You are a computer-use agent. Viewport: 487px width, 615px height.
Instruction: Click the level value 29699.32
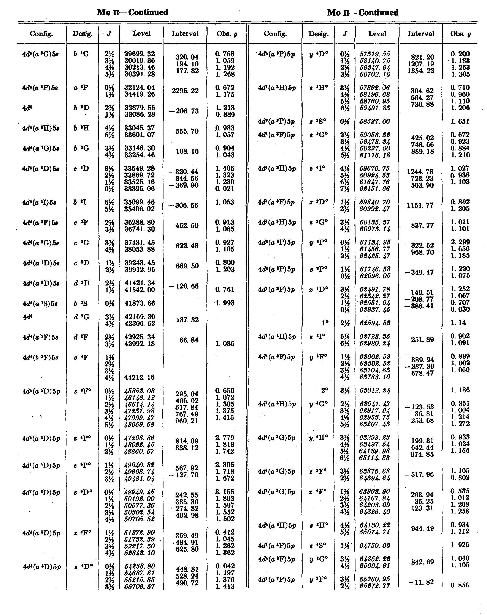point(140,54)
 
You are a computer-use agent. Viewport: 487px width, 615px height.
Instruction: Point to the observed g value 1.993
point(225,303)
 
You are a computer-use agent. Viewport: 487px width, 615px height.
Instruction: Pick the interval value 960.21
point(187,421)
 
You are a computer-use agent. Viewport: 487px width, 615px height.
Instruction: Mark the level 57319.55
point(375,54)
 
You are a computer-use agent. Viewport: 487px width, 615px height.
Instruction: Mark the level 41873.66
point(140,303)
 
